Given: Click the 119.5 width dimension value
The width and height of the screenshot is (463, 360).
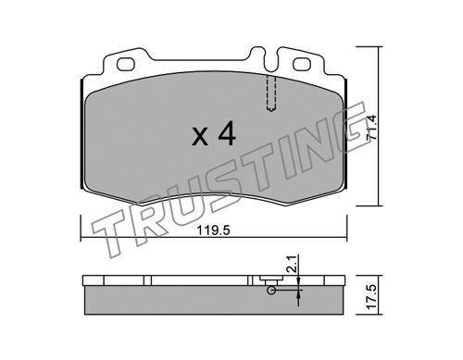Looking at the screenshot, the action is click(214, 230).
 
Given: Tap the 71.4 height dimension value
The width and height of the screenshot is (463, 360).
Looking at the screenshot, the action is click(371, 128).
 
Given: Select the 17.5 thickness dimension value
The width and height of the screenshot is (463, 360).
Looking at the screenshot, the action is click(371, 297).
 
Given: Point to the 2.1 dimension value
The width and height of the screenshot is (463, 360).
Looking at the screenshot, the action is click(292, 264).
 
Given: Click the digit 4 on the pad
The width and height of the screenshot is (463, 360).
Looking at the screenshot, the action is click(227, 133).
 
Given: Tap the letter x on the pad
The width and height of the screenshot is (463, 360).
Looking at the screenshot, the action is click(200, 137).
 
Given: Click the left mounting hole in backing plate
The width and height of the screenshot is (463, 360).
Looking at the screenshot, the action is click(126, 65).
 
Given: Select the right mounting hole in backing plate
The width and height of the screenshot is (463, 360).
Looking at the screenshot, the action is click(301, 65).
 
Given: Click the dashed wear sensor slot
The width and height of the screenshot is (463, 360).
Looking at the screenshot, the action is click(271, 93).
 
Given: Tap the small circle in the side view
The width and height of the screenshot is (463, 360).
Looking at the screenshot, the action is click(271, 290).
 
